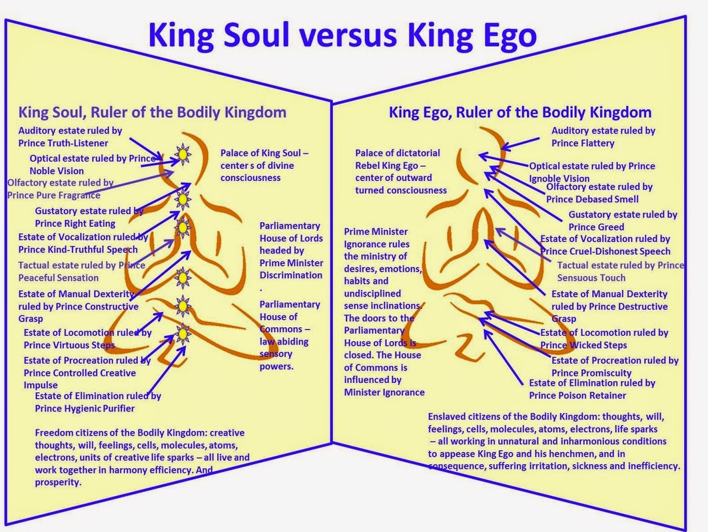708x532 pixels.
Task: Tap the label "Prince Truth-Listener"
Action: pos(63,143)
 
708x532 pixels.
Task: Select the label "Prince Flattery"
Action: pos(583,143)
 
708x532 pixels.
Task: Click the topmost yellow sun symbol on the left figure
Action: pos(181,154)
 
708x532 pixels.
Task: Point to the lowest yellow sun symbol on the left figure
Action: pos(182,333)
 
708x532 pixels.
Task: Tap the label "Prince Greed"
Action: pos(596,227)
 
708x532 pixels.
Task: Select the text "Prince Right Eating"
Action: pos(76,223)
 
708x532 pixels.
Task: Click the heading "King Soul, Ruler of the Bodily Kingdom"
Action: pos(153,112)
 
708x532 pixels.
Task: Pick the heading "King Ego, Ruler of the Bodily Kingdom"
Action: pos(520,112)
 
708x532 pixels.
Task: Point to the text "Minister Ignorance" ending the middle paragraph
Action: pos(384,392)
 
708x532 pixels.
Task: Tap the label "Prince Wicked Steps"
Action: pos(583,344)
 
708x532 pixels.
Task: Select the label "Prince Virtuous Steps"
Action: pos(69,345)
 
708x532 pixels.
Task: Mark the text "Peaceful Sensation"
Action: pos(59,277)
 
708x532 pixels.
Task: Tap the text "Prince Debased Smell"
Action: pos(592,199)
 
